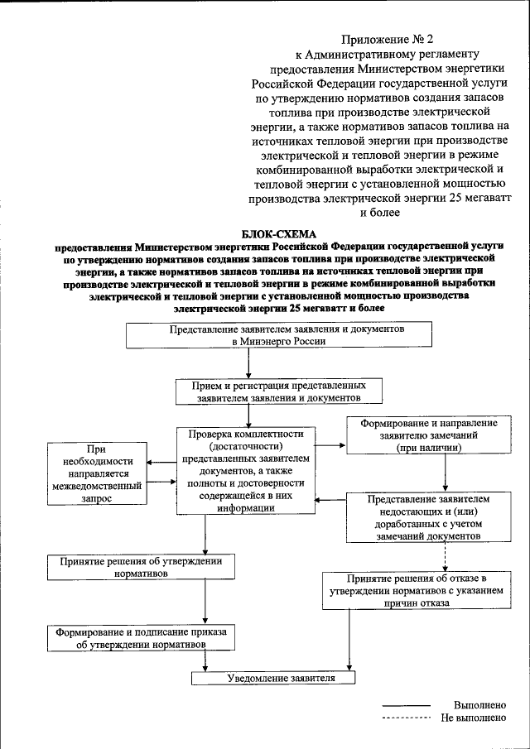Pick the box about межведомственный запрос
tap(96, 472)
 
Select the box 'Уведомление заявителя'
tap(274, 678)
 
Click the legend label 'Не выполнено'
tap(474, 718)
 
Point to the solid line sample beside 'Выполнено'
tap(406, 705)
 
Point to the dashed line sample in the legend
tap(406, 718)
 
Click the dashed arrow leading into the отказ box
tap(446, 559)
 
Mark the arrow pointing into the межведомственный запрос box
tap(161, 463)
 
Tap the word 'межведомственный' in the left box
tap(96, 486)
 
